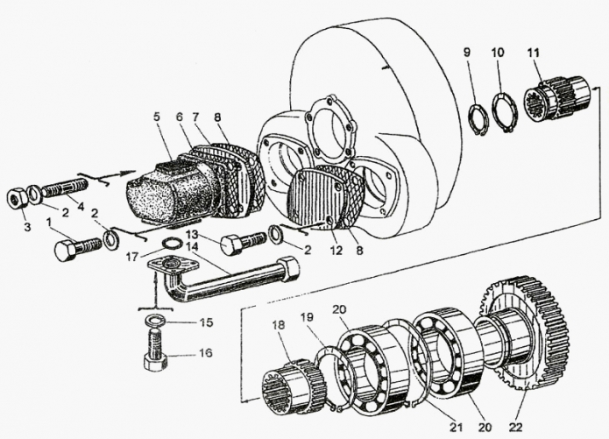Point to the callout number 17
coord(154,258)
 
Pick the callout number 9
coord(466,53)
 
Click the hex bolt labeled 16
coord(153,360)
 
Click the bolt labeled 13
coord(240,243)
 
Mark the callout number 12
coord(336,248)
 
